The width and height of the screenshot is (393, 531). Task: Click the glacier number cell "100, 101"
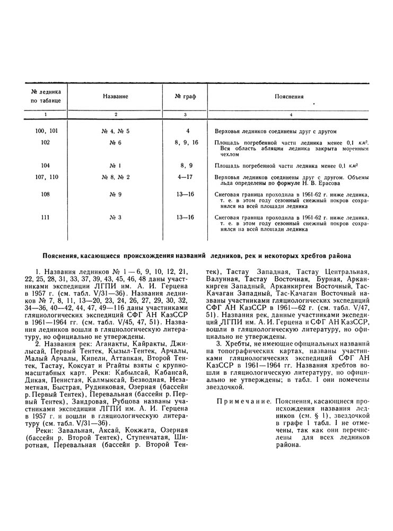(x=46, y=131)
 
